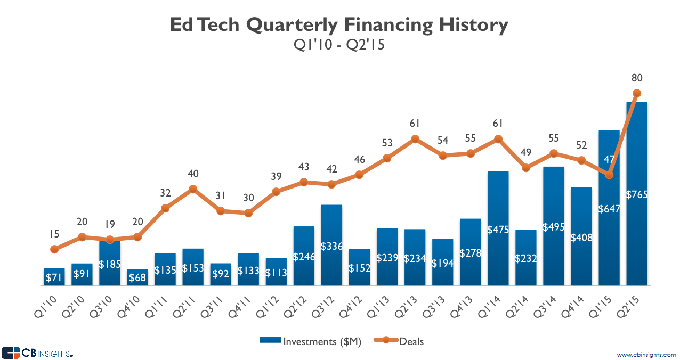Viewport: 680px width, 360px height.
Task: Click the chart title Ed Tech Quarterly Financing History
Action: pos(339,25)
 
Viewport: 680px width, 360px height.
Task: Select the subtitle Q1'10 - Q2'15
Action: pos(339,46)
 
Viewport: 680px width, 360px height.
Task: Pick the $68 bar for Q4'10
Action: pos(137,277)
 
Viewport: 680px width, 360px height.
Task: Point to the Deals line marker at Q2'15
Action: pos(636,93)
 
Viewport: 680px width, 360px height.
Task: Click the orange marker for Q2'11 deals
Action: pos(193,189)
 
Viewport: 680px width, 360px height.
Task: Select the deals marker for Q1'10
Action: pos(54,249)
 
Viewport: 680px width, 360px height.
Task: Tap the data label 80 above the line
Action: pos(636,78)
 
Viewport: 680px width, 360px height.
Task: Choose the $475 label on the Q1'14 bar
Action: pos(498,230)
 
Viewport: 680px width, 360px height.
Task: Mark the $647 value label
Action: pos(609,209)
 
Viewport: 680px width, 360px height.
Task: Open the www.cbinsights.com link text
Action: pos(646,355)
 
